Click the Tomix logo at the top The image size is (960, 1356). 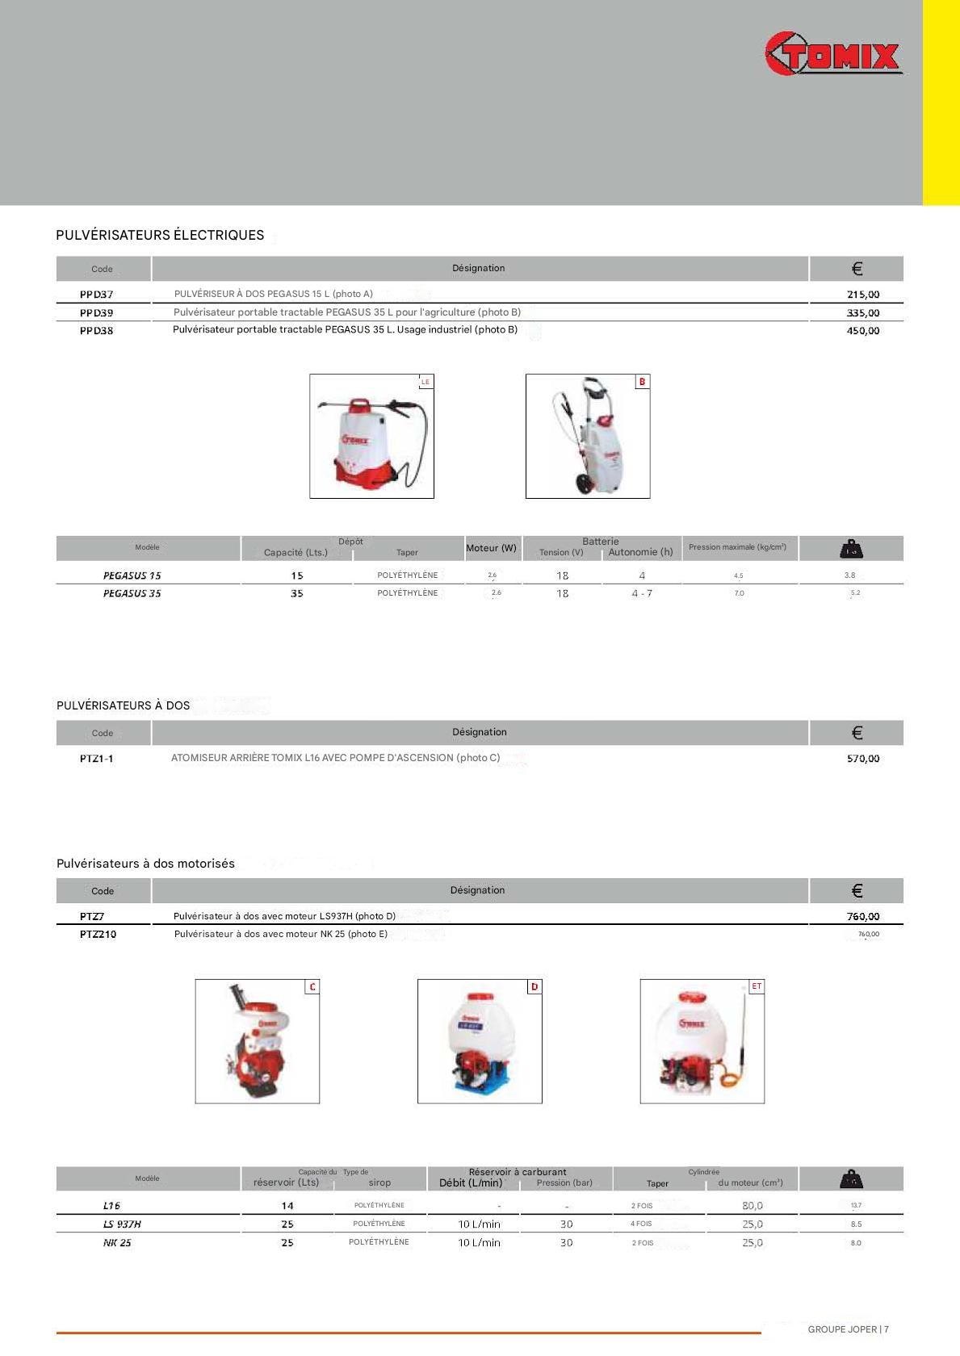pyautogui.click(x=832, y=55)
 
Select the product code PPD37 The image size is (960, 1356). pyautogui.click(x=96, y=295)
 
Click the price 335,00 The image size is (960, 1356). pyautogui.click(x=862, y=313)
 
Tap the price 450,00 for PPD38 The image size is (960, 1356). pyautogui.click(x=862, y=331)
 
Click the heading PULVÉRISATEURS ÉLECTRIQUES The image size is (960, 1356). pyautogui.click(x=160, y=235)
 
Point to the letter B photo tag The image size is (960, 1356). pyautogui.click(x=642, y=382)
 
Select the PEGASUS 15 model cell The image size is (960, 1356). pyautogui.click(x=132, y=575)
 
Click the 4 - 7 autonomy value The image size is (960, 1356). pyautogui.click(x=642, y=593)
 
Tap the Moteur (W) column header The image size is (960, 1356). pyautogui.click(x=491, y=548)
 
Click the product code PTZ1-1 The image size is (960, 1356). pyautogui.click(x=96, y=759)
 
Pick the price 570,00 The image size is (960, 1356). pyautogui.click(x=862, y=759)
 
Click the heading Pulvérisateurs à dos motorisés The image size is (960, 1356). pyautogui.click(x=145, y=864)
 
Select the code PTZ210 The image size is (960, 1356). pyautogui.click(x=98, y=935)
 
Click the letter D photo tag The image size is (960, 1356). pyautogui.click(x=534, y=987)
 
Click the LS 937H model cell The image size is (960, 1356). pyautogui.click(x=122, y=1224)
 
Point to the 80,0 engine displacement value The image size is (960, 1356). pyautogui.click(x=752, y=1206)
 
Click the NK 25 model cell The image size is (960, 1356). pyautogui.click(x=117, y=1243)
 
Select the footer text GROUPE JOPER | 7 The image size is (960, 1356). pyautogui.click(x=848, y=1329)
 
